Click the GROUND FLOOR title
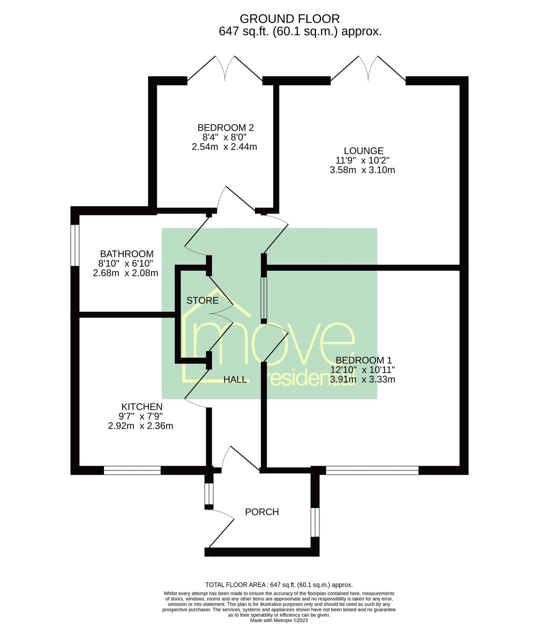tap(290, 18)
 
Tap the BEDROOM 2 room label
tap(225, 127)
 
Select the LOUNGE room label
tap(364, 151)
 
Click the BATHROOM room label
tap(127, 254)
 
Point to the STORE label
tap(203, 300)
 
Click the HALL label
tap(235, 380)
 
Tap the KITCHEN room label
tap(142, 407)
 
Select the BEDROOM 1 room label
tap(364, 360)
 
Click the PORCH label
tap(262, 512)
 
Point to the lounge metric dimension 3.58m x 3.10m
tap(362, 170)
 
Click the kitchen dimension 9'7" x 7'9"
tap(141, 416)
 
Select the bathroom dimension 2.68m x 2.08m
tap(125, 273)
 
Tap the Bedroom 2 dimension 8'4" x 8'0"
tap(224, 137)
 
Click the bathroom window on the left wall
tap(75, 245)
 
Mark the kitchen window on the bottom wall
tap(132, 470)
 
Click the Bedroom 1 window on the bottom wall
tap(372, 470)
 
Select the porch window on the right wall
tap(315, 522)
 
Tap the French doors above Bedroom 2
tap(225, 70)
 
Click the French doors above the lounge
tap(368, 70)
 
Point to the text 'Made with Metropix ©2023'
tap(279, 620)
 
